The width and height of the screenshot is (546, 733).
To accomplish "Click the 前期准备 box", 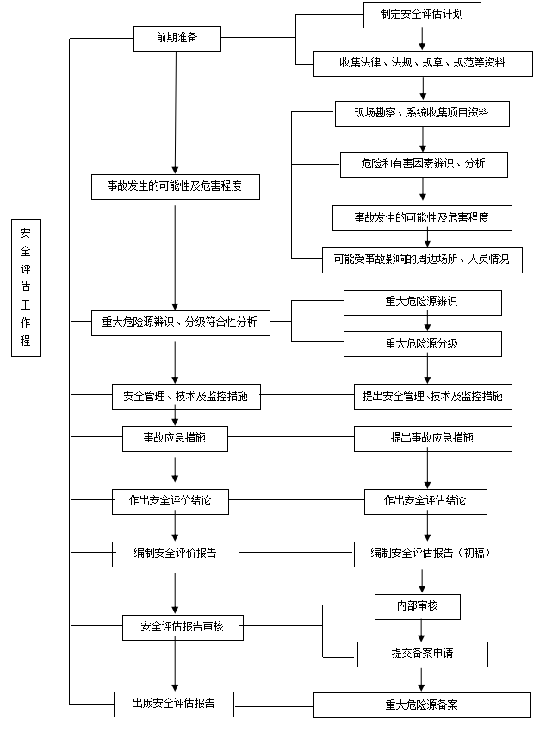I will pyautogui.click(x=176, y=39).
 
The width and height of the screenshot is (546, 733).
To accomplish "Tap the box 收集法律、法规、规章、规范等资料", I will pyautogui.click(x=421, y=63).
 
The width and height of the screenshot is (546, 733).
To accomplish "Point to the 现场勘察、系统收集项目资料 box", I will pyautogui.click(x=422, y=114).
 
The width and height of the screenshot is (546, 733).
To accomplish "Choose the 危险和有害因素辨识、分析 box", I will pyautogui.click(x=423, y=164).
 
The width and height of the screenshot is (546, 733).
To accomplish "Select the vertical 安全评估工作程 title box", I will pyautogui.click(x=25, y=287).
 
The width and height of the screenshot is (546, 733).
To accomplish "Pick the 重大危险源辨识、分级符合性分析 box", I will pyautogui.click(x=179, y=323).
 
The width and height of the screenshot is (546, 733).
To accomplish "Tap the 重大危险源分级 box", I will pyautogui.click(x=422, y=344).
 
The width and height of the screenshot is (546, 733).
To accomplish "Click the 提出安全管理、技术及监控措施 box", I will pyautogui.click(x=432, y=397).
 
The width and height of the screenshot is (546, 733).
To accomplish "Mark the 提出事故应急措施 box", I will pyautogui.click(x=432, y=438).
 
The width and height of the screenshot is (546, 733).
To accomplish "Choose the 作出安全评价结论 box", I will pyautogui.click(x=171, y=501).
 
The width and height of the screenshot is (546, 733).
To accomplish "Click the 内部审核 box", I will pyautogui.click(x=417, y=606).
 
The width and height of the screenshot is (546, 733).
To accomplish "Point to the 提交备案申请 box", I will pyautogui.click(x=422, y=653).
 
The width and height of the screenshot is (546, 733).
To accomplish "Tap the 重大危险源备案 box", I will pyautogui.click(x=422, y=705).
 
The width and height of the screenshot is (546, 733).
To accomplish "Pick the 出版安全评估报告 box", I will pyautogui.click(x=175, y=704).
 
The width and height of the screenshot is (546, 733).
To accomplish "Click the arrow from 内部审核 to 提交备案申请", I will pyautogui.click(x=421, y=630).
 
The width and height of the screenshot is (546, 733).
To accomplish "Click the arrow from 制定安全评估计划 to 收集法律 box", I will pyautogui.click(x=422, y=39).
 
